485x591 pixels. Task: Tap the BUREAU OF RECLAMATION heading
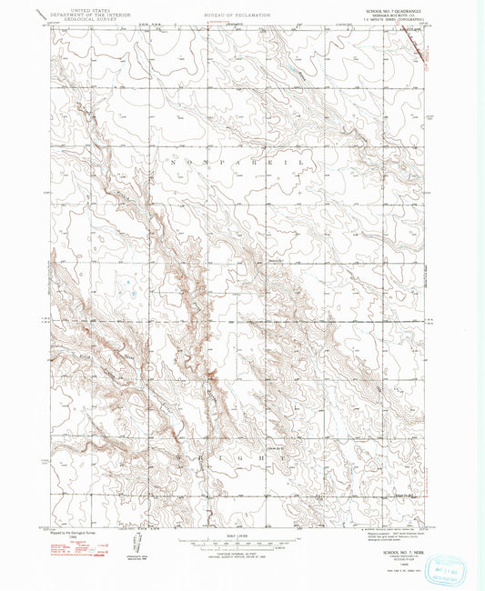click(238, 15)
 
